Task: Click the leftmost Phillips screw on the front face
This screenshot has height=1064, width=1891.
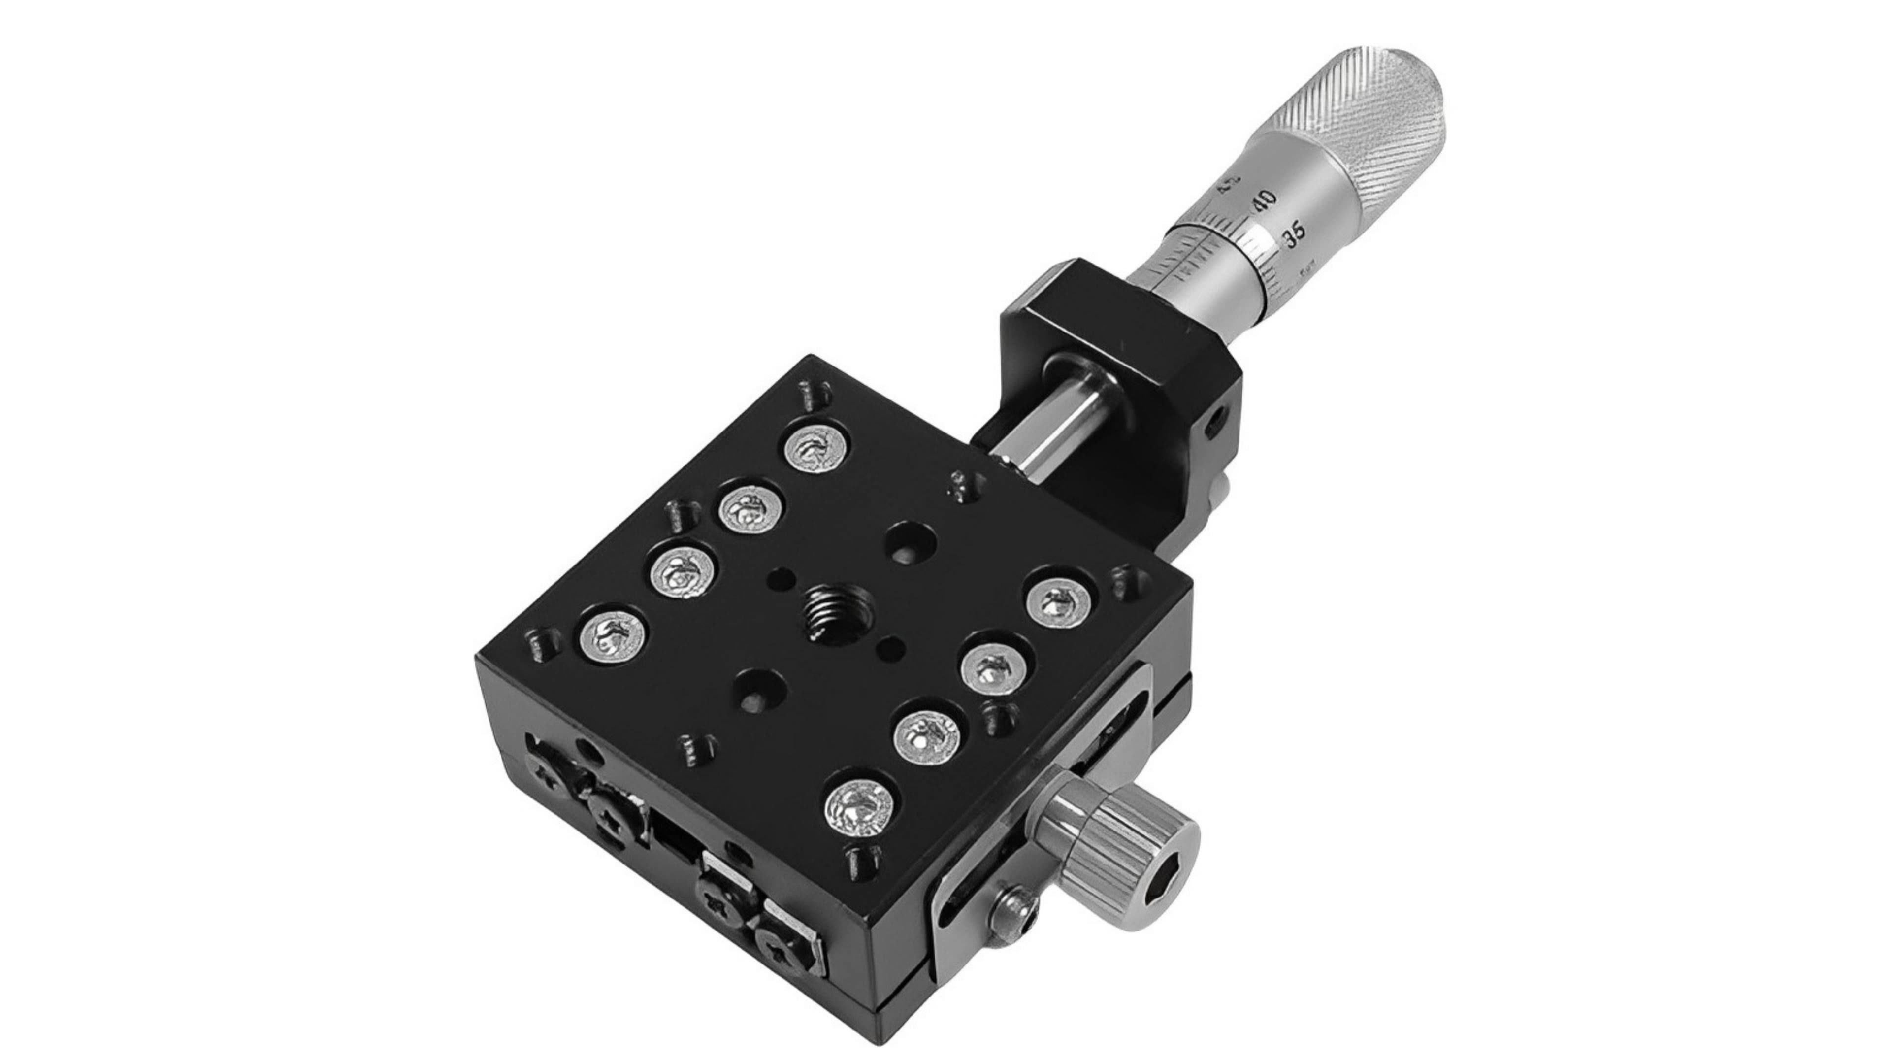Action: [549, 781]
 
